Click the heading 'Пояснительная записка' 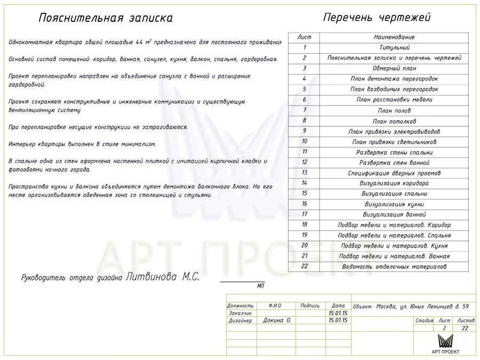106,18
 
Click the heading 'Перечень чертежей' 377,18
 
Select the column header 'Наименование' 394,37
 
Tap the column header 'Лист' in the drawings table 304,37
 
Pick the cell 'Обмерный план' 394,68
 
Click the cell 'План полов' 394,110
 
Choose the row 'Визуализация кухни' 394,204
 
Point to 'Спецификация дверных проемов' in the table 394,173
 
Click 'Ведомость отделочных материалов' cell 394,267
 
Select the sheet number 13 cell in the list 304,173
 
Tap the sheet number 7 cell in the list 304,110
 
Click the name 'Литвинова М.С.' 163,277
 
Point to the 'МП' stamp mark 260,286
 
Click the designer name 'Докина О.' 276,321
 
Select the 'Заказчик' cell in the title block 241,313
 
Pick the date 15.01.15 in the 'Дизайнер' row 338,321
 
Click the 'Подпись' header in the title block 310,306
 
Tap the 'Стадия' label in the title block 424,321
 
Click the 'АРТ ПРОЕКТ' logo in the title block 445,344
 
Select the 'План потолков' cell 394,121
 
